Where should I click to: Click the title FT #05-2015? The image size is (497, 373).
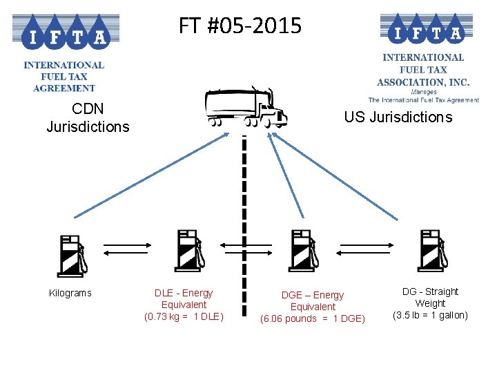[240, 26]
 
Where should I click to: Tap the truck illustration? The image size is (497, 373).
[246, 107]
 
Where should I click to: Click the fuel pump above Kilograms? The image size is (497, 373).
[72, 256]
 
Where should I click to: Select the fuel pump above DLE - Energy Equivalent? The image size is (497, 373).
[190, 251]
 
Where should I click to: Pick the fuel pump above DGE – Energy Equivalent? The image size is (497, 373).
[303, 251]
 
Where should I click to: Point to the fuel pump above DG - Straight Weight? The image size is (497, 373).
[433, 251]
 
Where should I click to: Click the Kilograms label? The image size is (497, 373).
[70, 293]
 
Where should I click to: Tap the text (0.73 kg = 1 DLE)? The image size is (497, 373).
[184, 316]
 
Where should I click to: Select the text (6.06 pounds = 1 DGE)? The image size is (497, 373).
[313, 318]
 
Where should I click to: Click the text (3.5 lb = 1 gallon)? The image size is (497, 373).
[430, 315]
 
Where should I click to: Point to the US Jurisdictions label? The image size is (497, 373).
[398, 117]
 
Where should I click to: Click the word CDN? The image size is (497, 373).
[88, 109]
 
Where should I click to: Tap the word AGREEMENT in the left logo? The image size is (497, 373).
[64, 88]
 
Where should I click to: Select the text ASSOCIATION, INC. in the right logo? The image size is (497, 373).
[423, 82]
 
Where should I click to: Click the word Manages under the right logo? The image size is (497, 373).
[423, 92]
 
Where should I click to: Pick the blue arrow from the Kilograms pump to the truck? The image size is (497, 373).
[151, 175]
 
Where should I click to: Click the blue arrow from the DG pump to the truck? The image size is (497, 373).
[335, 176]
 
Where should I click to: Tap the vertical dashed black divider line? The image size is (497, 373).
[244, 225]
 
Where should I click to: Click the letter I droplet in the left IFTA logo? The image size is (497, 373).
[33, 33]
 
